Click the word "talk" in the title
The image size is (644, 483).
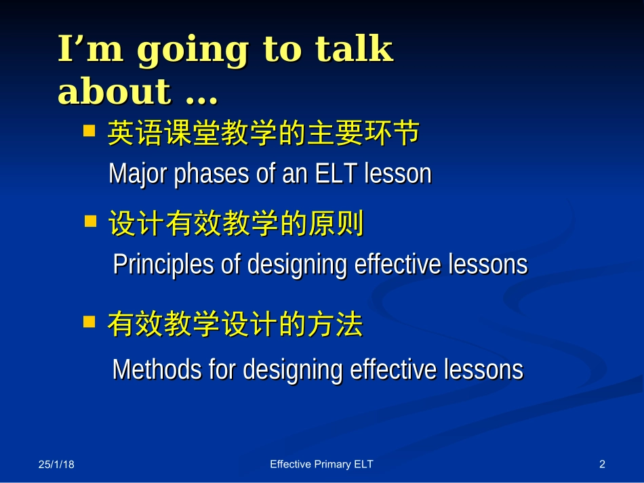tap(354, 48)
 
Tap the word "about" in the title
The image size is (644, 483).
tap(114, 91)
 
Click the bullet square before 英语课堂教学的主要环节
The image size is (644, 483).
tap(89, 131)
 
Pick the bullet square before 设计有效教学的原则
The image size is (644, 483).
tap(90, 222)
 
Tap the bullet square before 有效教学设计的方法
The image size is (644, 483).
tap(89, 321)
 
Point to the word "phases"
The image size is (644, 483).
tap(211, 174)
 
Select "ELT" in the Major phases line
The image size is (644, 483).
tap(336, 173)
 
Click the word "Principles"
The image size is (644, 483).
tap(163, 265)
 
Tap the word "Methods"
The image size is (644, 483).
tap(157, 369)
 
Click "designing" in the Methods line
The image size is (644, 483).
tap(293, 370)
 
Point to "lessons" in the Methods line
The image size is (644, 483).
tap(483, 369)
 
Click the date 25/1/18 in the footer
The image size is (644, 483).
tap(56, 464)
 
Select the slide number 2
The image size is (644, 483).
tap(602, 464)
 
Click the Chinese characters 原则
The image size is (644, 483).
tap(336, 224)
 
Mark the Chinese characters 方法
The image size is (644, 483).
tap(335, 324)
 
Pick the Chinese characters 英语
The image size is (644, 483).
tap(135, 133)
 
